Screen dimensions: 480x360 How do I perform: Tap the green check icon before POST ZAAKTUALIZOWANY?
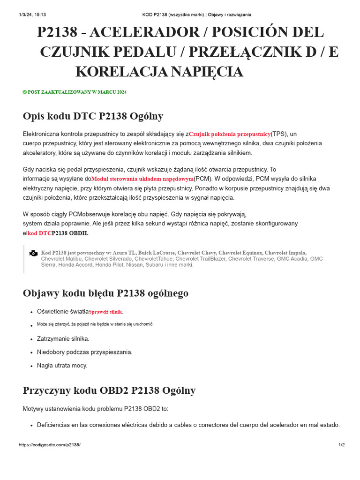point(25,92)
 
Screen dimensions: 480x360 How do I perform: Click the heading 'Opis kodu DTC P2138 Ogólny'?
point(93,116)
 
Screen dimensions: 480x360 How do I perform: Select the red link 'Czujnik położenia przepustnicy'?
point(230,134)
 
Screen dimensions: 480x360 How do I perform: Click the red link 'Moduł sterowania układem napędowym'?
point(142,179)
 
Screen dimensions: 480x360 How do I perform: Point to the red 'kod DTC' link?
point(39,233)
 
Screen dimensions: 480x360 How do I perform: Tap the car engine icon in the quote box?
point(33,253)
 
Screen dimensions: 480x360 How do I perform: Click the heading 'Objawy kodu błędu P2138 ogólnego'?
point(105,293)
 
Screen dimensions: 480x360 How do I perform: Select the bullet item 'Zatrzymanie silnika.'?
point(63,338)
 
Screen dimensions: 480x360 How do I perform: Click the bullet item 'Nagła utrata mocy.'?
point(62,365)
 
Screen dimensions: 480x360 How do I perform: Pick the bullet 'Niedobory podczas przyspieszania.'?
point(84,352)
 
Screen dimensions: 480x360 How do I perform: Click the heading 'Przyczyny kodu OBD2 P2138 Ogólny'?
point(109,390)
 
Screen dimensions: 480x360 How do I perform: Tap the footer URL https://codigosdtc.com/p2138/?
point(49,445)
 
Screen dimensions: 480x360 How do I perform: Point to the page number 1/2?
point(341,445)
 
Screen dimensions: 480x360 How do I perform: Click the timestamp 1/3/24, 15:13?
point(32,15)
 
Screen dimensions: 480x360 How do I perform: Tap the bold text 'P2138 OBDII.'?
point(70,233)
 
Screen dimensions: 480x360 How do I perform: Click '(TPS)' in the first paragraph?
point(279,134)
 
